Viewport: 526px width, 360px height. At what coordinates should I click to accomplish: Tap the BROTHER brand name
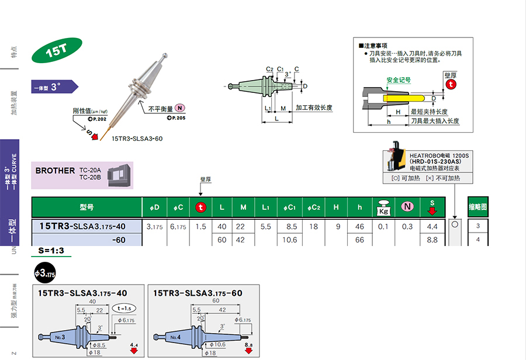coord(55,171)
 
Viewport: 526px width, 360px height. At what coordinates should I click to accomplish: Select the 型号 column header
coord(86,207)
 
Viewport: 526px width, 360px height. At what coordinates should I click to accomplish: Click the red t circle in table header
coord(200,207)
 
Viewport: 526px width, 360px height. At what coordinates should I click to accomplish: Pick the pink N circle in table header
coord(407,207)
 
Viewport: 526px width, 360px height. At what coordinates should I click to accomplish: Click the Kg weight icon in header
coord(383,207)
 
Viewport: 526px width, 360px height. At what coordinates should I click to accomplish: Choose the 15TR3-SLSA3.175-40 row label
coord(82,226)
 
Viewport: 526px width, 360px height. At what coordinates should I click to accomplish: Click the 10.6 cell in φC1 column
coord(290,240)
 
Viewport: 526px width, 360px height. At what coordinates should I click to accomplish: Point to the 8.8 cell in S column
coord(432,240)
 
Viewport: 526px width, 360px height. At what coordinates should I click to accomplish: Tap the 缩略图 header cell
coord(477,207)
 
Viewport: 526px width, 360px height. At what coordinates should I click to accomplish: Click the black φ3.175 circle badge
coord(45,273)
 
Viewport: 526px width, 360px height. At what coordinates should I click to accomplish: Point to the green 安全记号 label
coord(398,80)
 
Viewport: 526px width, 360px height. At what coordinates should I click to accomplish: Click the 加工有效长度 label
coord(313,108)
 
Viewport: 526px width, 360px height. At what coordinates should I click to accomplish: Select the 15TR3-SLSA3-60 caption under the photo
coord(137,139)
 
